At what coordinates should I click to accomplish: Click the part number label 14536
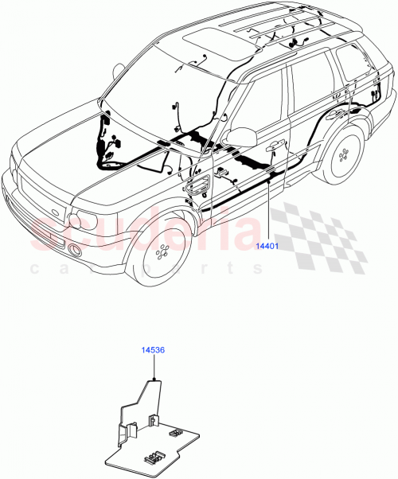click(153, 349)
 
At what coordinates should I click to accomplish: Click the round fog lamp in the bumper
click(75, 251)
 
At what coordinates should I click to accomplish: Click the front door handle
click(275, 146)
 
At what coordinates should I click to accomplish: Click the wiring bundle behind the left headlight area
click(107, 147)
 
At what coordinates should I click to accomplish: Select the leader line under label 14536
click(153, 366)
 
